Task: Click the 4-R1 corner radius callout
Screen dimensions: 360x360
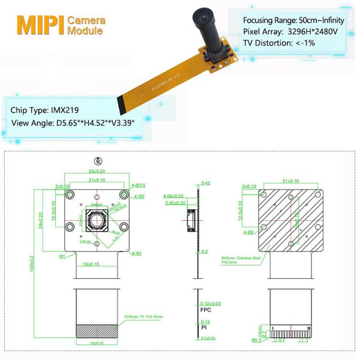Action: pos(137,254)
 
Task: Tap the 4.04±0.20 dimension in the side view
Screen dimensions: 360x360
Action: pos(174,196)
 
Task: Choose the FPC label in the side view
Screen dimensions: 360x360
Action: pos(204,311)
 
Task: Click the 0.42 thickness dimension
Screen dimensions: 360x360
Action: pos(206,183)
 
